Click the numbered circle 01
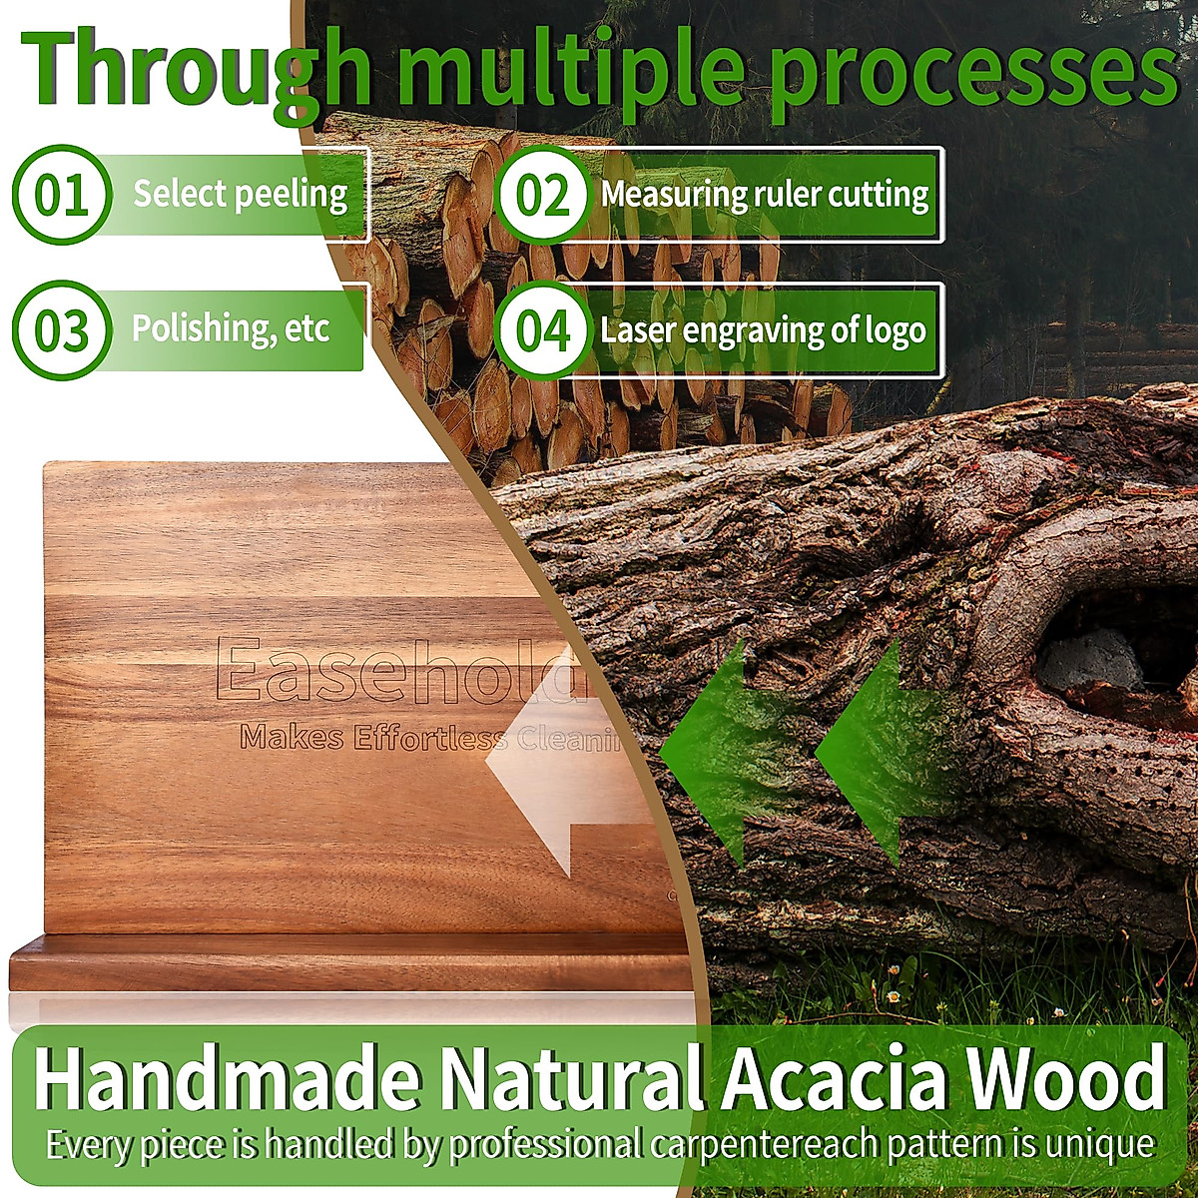click(62, 195)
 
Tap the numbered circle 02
click(542, 195)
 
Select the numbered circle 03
click(62, 329)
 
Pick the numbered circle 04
click(542, 329)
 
